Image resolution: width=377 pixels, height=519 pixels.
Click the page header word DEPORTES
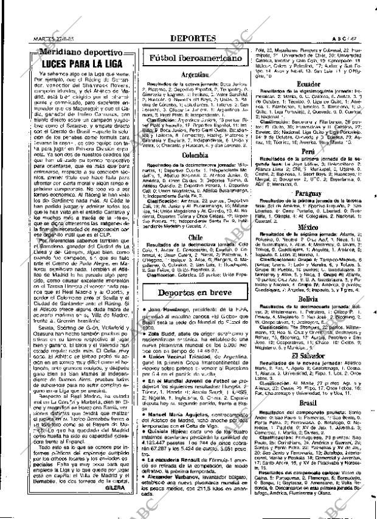click(192, 38)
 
